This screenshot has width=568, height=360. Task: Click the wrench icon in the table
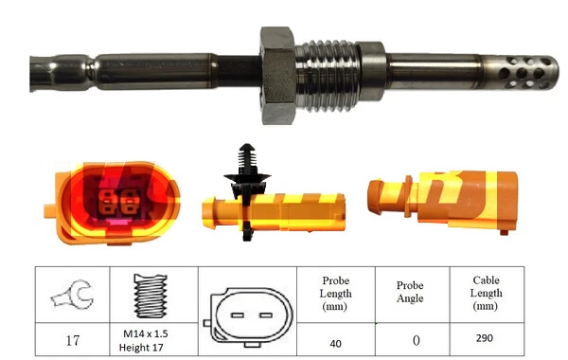tap(71, 295)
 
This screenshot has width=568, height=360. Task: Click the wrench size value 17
tap(70, 337)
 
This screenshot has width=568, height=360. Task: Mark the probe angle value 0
tap(409, 338)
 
